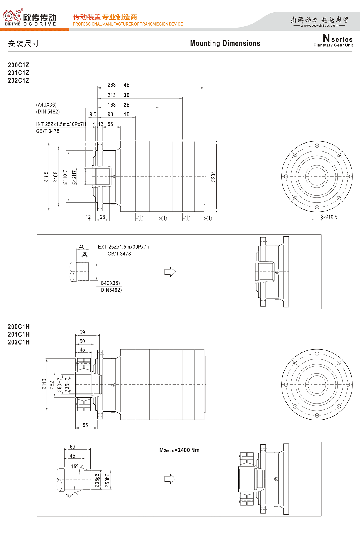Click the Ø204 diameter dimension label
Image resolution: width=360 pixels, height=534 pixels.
point(213,177)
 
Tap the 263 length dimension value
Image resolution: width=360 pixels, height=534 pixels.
point(112,85)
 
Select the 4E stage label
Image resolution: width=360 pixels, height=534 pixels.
point(127,85)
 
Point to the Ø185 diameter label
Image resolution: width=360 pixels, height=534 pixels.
point(46,177)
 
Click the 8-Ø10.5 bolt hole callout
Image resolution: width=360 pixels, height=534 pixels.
point(329,217)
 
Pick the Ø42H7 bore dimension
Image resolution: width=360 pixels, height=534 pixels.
point(74,177)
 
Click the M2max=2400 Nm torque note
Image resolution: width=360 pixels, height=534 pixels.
point(179,450)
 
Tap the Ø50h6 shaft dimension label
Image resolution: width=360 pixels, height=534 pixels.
point(107,480)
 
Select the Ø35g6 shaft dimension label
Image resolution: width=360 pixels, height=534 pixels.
point(97,480)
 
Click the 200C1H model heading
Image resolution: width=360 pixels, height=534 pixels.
point(19,327)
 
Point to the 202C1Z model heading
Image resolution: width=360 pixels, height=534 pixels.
point(19,80)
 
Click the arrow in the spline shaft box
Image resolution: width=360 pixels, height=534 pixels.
point(170,272)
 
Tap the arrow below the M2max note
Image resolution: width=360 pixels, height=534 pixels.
point(170,479)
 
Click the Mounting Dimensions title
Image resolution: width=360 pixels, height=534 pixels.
point(225,43)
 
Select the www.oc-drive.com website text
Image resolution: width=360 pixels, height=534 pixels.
point(319,26)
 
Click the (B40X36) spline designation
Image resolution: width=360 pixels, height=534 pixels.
point(109,283)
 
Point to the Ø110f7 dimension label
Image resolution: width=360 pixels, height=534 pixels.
point(65,177)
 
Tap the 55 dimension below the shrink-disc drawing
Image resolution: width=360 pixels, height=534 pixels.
point(85,425)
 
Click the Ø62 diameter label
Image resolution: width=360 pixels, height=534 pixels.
point(52,385)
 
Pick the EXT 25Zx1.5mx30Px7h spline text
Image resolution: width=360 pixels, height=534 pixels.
point(123,247)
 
